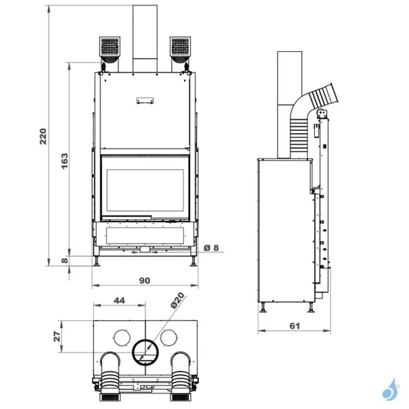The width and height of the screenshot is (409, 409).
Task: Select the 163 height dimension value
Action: (x=64, y=160)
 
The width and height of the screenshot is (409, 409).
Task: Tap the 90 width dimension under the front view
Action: (x=145, y=279)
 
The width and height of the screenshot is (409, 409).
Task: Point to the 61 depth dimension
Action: (x=294, y=326)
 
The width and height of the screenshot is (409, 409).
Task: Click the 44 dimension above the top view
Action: (x=119, y=301)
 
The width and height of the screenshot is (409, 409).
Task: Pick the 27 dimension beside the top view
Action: (x=57, y=335)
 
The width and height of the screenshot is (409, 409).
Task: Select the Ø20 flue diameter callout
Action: (x=178, y=301)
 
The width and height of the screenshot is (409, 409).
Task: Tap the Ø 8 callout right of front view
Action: (x=212, y=247)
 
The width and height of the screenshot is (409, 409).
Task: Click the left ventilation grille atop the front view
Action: (x=110, y=48)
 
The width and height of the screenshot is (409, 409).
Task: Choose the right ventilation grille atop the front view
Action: (x=180, y=48)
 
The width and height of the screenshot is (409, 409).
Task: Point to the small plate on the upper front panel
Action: (x=145, y=100)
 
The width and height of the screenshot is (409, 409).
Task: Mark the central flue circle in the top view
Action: (x=145, y=352)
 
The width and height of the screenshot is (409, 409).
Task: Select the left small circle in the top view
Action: (x=120, y=337)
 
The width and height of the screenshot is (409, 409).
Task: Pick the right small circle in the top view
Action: (x=170, y=337)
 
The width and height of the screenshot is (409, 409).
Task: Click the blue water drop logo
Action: (x=390, y=390)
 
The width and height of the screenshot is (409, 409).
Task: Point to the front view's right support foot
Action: (x=194, y=261)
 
